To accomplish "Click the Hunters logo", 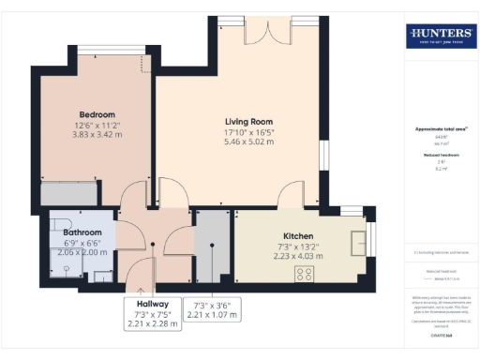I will tap(440, 37).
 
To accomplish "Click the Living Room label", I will tap(247, 122).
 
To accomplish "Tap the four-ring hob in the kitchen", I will tap(305, 273).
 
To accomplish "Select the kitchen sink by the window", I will tap(357, 241).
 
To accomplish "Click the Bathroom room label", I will tap(82, 232).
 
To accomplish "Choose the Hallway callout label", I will tap(152, 305).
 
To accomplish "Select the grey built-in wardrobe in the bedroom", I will tap(67, 194).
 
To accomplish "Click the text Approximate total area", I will tap(440, 128).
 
